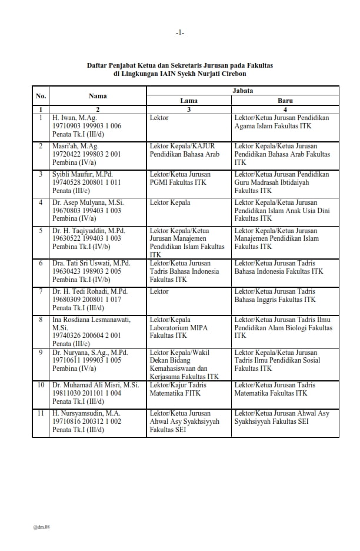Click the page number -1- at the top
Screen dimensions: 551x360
pyautogui.click(x=179, y=32)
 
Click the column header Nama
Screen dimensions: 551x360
pyautogui.click(x=98, y=96)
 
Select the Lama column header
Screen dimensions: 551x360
pyautogui.click(x=189, y=101)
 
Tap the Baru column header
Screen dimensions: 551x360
pyautogui.click(x=285, y=101)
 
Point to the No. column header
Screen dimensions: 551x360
pyautogui.click(x=41, y=96)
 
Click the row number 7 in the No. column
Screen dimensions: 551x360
pyautogui.click(x=41, y=291)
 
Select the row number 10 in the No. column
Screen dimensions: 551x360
pyautogui.click(x=41, y=385)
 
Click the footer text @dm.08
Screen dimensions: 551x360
pyautogui.click(x=41, y=527)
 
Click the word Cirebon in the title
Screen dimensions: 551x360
pyautogui.click(x=234, y=74)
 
